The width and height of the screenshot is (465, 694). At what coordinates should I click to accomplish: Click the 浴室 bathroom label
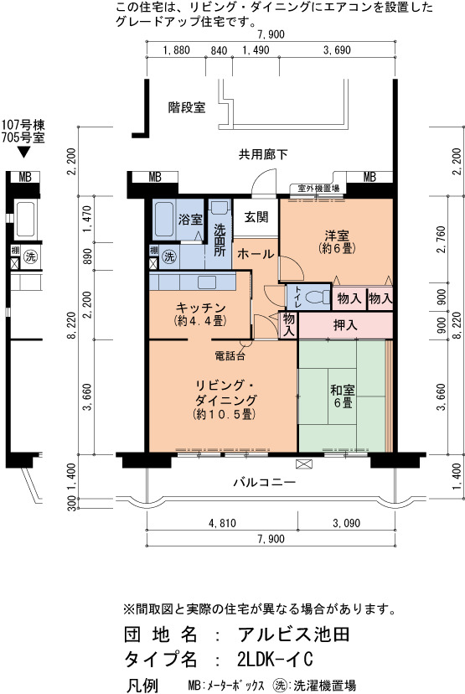point(190,219)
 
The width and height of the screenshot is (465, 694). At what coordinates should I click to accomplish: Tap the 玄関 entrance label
point(256,217)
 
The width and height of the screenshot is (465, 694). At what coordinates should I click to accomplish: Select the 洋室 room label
point(337,235)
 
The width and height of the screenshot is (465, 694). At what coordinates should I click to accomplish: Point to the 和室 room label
point(343,391)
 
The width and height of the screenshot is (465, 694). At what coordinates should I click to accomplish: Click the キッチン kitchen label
point(200,307)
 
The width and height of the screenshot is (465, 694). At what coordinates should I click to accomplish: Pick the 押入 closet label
point(345,326)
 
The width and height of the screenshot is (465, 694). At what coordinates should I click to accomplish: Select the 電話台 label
point(230,355)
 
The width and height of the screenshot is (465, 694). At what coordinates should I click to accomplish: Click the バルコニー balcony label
point(265,482)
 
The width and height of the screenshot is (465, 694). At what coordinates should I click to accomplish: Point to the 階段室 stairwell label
point(187,107)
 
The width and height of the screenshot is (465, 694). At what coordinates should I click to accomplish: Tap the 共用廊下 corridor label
point(263,154)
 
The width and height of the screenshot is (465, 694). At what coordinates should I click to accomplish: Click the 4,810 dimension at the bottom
point(222,523)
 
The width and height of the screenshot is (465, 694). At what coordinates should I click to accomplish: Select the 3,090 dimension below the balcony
point(346,523)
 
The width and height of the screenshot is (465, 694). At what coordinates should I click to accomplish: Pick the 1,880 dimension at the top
point(176,50)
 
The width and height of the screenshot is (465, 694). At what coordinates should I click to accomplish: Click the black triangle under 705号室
point(23,153)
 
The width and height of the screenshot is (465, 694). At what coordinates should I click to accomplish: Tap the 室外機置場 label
point(318,188)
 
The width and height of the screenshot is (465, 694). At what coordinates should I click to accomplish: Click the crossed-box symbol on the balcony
point(304,464)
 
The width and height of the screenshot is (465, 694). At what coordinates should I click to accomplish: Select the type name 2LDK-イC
point(275,659)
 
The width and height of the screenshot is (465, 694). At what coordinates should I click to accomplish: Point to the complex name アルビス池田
point(294,634)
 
